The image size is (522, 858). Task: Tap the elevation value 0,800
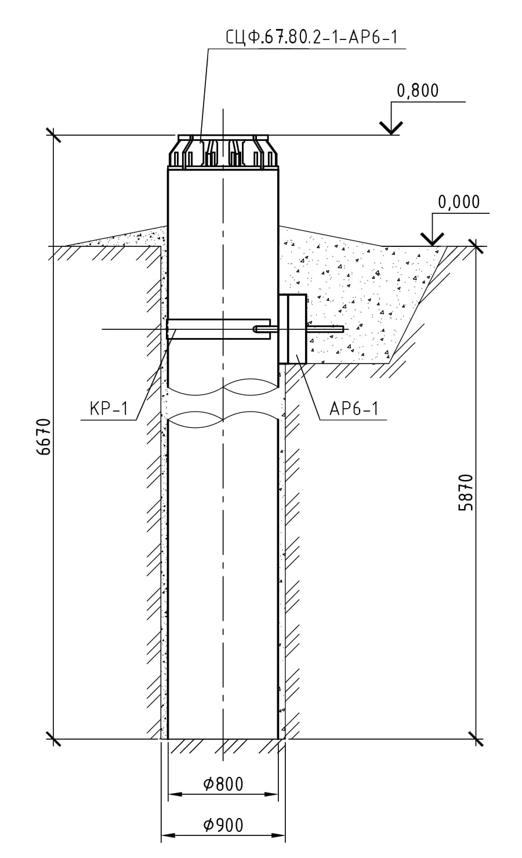(x=417, y=91)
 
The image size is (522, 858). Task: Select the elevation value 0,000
(x=459, y=202)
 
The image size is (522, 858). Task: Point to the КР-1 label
(x=108, y=409)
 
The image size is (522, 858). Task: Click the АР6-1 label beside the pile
(x=354, y=409)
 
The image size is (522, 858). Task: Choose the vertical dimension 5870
(x=466, y=492)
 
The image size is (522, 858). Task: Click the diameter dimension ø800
(x=223, y=784)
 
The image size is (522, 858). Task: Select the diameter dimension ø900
(x=223, y=825)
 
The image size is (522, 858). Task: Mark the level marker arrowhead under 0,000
(x=432, y=239)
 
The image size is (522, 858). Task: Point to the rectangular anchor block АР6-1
(x=293, y=329)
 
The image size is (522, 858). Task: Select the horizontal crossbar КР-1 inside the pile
(x=217, y=329)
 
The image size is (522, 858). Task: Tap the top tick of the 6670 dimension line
(x=53, y=135)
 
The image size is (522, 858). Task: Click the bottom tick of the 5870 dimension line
(x=476, y=739)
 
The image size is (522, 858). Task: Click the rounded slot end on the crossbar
(x=256, y=329)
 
